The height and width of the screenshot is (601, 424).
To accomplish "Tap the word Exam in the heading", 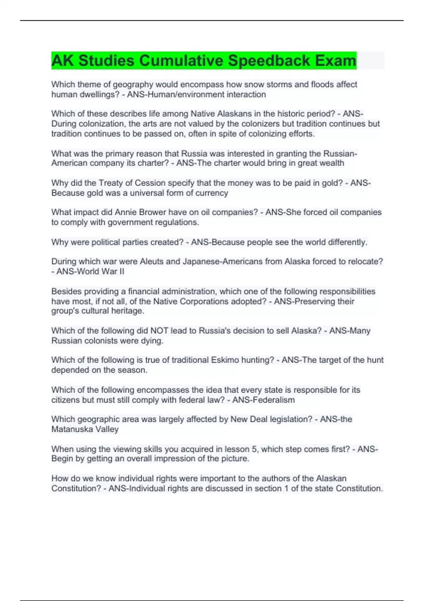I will pyautogui.click(x=335, y=60).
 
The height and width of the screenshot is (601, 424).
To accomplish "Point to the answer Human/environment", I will pyautogui.click(x=185, y=94).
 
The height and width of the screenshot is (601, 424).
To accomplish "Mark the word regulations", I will pyautogui.click(x=177, y=222).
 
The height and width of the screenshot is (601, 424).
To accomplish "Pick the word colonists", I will pyautogui.click(x=105, y=341).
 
